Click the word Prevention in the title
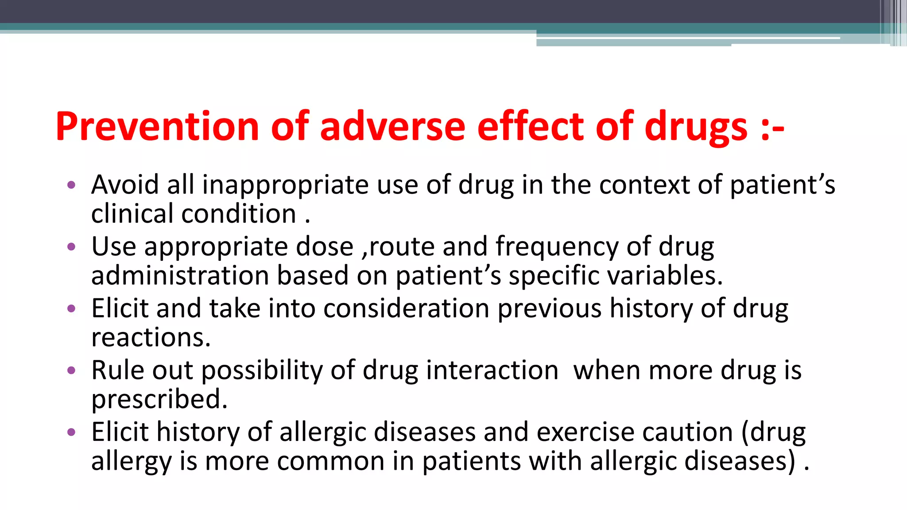[158, 127]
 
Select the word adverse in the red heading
[392, 127]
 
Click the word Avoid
[125, 185]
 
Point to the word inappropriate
[285, 185]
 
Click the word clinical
[132, 214]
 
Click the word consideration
[406, 308]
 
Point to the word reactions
[151, 338]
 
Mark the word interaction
[492, 370]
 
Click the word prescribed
[159, 399]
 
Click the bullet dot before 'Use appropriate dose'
[71, 247]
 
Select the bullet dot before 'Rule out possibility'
[71, 370]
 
